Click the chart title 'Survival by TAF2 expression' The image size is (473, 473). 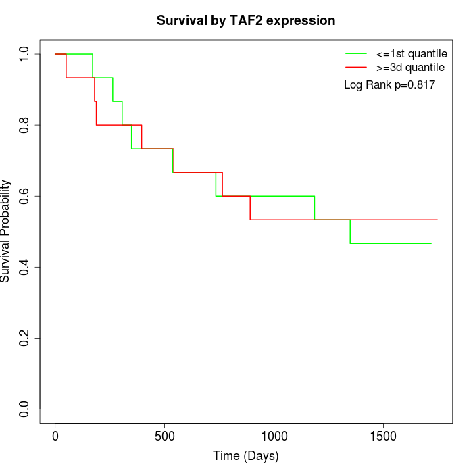pos(246,20)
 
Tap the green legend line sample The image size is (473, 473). pos(355,53)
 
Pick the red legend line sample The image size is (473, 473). pos(355,68)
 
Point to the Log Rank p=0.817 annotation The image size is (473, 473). pos(389,85)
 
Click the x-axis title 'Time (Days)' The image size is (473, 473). pos(246,456)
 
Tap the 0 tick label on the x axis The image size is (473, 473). pos(55,436)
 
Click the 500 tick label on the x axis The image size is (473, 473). pos(165,436)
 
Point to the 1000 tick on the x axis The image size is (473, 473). pos(274,436)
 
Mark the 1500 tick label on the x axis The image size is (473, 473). pos(383,436)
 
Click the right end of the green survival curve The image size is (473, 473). pos(431,243)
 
